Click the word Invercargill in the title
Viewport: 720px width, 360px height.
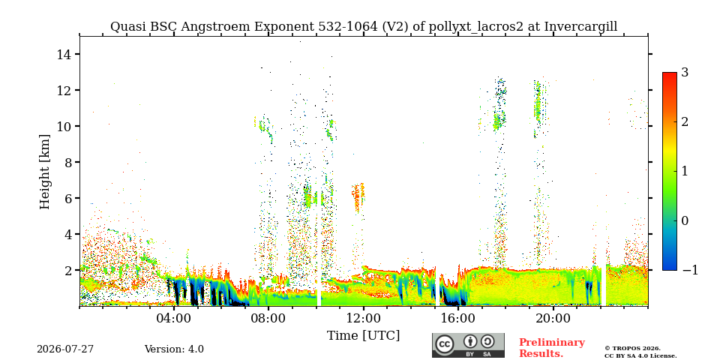(x=580, y=27)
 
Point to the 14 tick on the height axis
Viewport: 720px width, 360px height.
(x=64, y=54)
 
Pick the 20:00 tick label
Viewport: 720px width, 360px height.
(x=553, y=318)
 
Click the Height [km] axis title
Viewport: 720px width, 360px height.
(x=44, y=172)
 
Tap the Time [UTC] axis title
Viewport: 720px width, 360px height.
(x=363, y=335)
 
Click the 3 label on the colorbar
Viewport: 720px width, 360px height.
(x=685, y=72)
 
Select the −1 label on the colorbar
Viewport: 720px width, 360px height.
(x=690, y=270)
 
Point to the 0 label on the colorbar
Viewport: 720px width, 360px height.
(x=685, y=220)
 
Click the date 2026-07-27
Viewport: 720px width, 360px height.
(x=65, y=349)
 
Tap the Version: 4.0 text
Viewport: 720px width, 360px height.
(x=174, y=349)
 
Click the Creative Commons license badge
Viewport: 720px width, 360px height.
(x=468, y=345)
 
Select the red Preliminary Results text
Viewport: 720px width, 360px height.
(x=552, y=347)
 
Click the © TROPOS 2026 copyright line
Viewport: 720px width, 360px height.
(x=633, y=349)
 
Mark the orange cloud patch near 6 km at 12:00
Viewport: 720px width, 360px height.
(x=358, y=197)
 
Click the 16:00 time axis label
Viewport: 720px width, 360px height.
(x=458, y=318)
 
